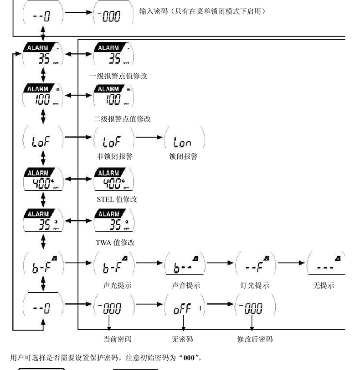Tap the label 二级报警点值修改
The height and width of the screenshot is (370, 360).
(x=122, y=119)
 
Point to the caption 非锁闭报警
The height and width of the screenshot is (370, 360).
(x=114, y=157)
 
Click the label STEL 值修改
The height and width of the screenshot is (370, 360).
(x=117, y=199)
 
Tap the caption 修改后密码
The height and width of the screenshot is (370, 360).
(x=255, y=339)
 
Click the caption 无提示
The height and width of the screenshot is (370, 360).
(x=324, y=286)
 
